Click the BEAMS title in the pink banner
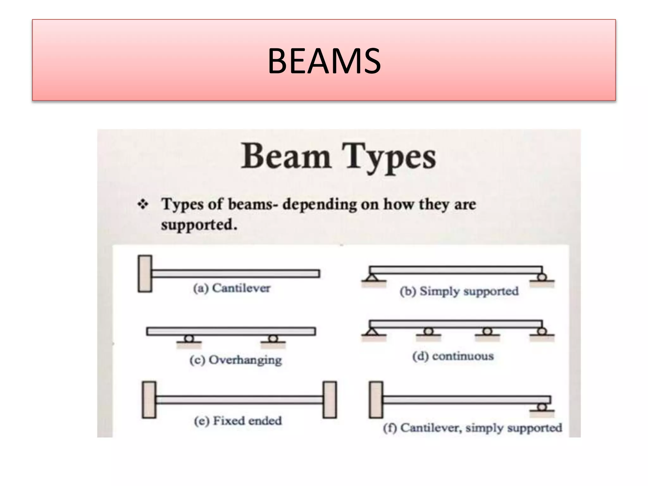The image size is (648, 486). click(x=324, y=61)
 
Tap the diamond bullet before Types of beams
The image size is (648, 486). click(x=143, y=205)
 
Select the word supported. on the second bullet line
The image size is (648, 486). click(x=199, y=225)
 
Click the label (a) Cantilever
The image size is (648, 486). click(x=232, y=288)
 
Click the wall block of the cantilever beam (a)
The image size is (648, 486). click(x=145, y=274)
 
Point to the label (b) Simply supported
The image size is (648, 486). click(x=459, y=291)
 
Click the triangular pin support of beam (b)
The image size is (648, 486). click(x=373, y=278)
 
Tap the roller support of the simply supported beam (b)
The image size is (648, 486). click(x=542, y=277)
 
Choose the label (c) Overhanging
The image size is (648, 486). click(x=236, y=360)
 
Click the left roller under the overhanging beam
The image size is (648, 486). click(x=189, y=339)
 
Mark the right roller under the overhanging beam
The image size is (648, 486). click(x=273, y=339)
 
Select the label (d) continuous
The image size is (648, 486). click(x=453, y=356)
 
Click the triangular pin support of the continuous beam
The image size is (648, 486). click(x=373, y=332)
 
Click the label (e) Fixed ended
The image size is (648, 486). click(x=238, y=421)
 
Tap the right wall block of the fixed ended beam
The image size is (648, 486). click(x=330, y=400)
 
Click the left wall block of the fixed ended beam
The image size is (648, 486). click(x=149, y=400)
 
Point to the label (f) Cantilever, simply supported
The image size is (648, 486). click(x=472, y=428)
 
